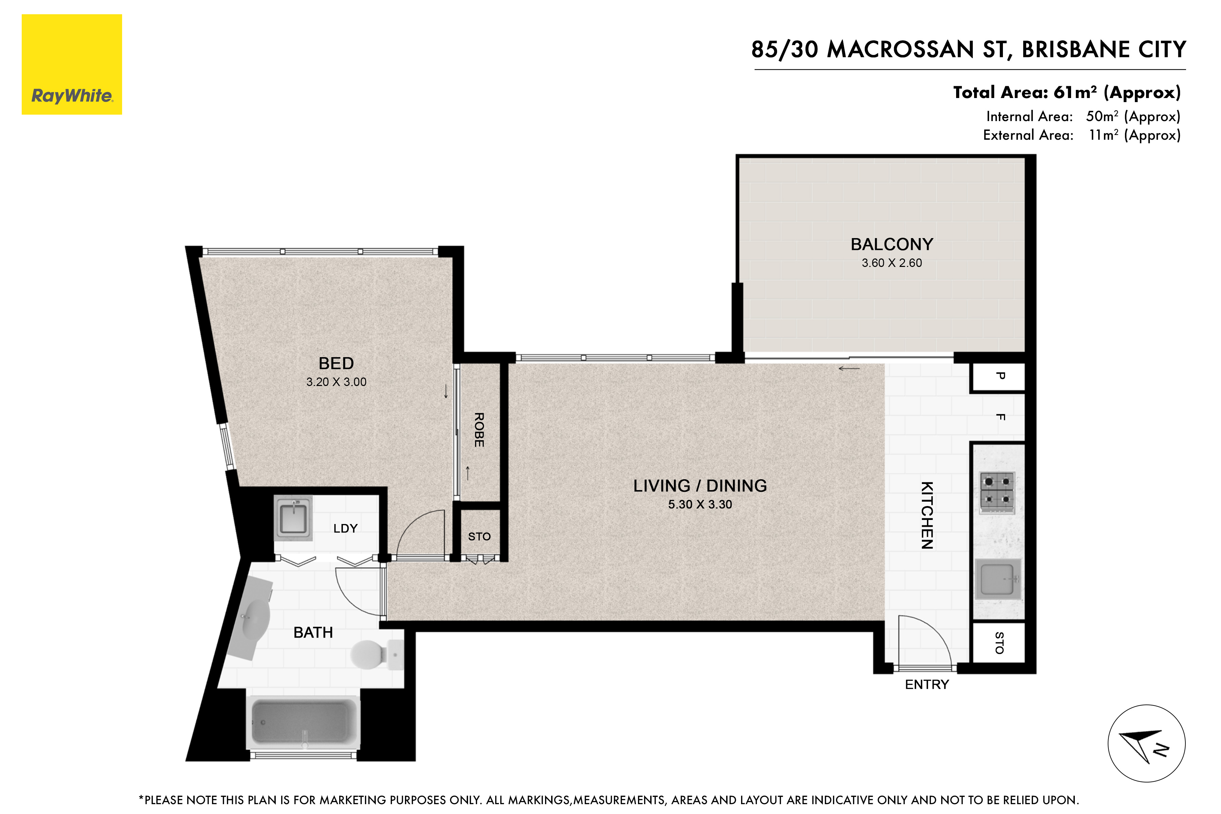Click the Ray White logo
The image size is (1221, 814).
coord(72,64)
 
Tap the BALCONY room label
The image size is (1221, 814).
coord(892,244)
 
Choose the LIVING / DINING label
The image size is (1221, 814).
coord(700,485)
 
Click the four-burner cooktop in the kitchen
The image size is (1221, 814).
coord(997,490)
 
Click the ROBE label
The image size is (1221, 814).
coord(479,430)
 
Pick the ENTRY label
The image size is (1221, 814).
coord(927,685)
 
